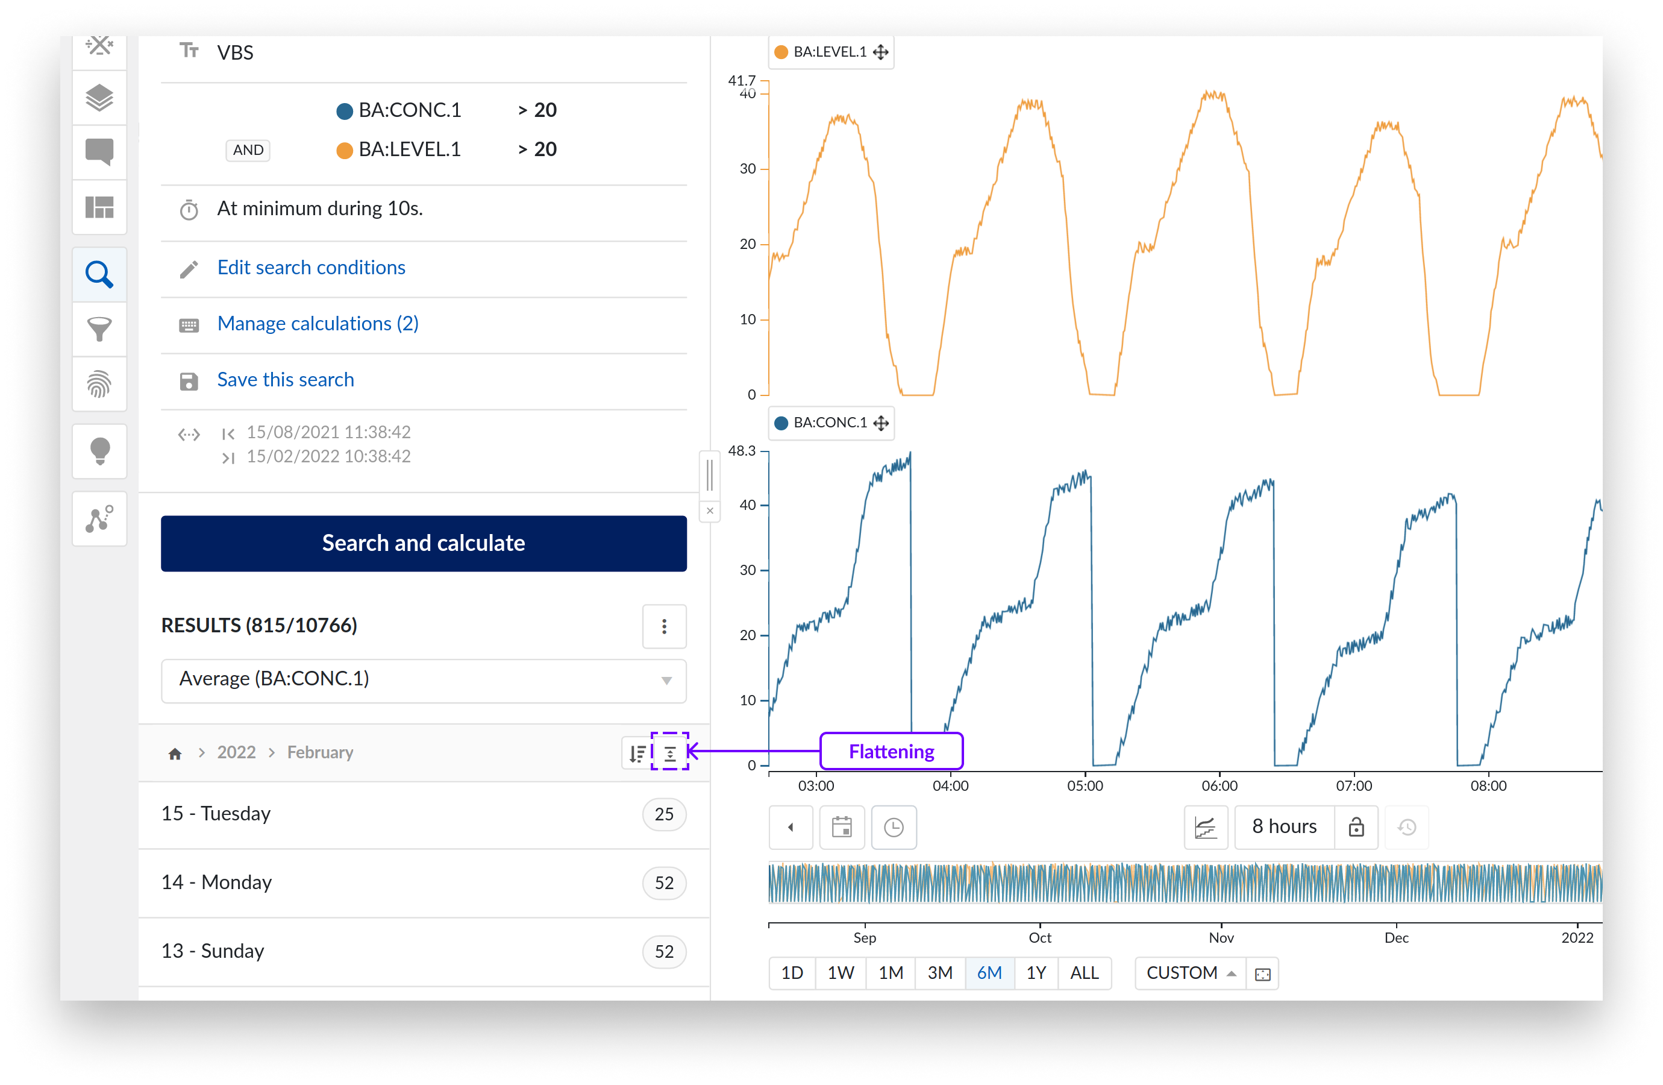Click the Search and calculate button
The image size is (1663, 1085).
(423, 543)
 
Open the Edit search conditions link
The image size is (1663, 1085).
(311, 267)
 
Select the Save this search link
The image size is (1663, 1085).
(285, 379)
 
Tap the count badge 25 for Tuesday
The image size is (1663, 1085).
(663, 814)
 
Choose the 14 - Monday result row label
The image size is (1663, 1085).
(216, 882)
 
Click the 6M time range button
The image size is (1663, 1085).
(989, 972)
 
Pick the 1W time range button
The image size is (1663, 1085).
(840, 972)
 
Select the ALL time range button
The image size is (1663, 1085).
(1084, 972)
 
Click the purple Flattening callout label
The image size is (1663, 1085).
(891, 752)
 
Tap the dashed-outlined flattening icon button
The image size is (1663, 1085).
(669, 752)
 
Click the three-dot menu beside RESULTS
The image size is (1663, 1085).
(664, 626)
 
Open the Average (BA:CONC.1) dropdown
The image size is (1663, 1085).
(423, 679)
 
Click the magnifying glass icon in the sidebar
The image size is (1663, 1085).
(99, 275)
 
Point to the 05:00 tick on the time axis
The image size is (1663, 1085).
(1085, 785)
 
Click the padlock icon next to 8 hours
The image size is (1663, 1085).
(1356, 827)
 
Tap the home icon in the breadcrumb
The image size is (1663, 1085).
(175, 753)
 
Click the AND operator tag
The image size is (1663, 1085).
(248, 149)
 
